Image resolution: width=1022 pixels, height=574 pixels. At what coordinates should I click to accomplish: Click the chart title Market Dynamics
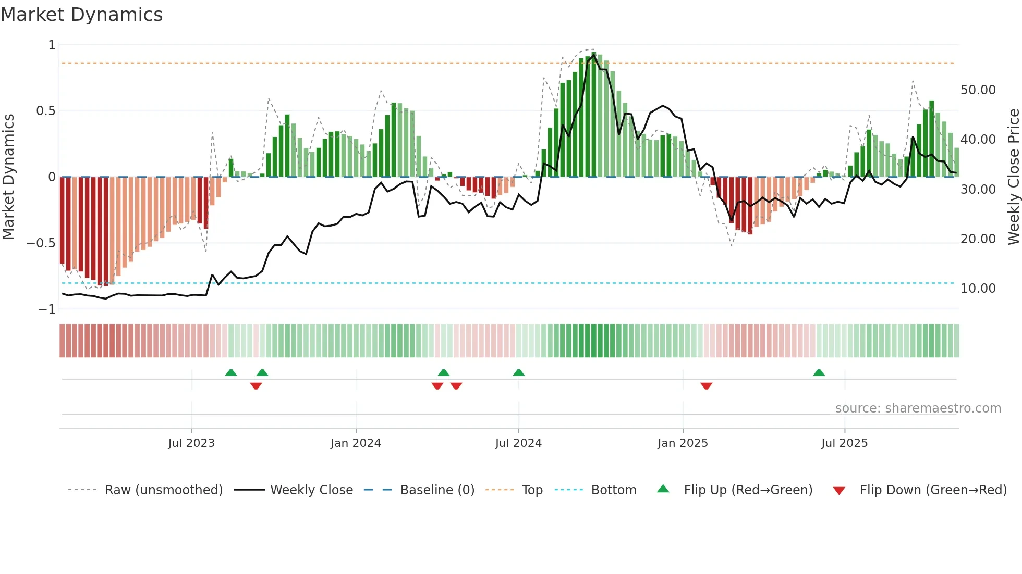[82, 15]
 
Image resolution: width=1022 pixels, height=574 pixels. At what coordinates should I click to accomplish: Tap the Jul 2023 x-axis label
[191, 443]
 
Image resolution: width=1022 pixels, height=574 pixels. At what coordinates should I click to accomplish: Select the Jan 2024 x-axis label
[356, 443]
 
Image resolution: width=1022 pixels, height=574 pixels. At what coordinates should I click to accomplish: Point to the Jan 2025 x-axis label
[683, 443]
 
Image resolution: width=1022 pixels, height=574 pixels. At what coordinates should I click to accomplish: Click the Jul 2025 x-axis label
[844, 443]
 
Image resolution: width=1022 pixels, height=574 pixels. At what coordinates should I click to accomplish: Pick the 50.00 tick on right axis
[978, 90]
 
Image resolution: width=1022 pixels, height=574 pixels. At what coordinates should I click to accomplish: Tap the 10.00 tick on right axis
[978, 289]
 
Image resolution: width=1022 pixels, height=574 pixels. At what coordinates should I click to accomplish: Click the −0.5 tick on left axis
[41, 243]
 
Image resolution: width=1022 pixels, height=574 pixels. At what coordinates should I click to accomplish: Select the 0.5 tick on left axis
[45, 111]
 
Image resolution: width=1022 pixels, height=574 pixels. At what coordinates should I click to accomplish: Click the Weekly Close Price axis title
[1013, 177]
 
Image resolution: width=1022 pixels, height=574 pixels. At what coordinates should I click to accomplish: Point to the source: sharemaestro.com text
[918, 408]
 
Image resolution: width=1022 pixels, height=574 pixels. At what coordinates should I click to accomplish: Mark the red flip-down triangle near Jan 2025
[706, 386]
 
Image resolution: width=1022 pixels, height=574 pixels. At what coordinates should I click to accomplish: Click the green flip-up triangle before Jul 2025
[819, 373]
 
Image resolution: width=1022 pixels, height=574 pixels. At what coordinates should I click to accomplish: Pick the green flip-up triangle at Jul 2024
[518, 373]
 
